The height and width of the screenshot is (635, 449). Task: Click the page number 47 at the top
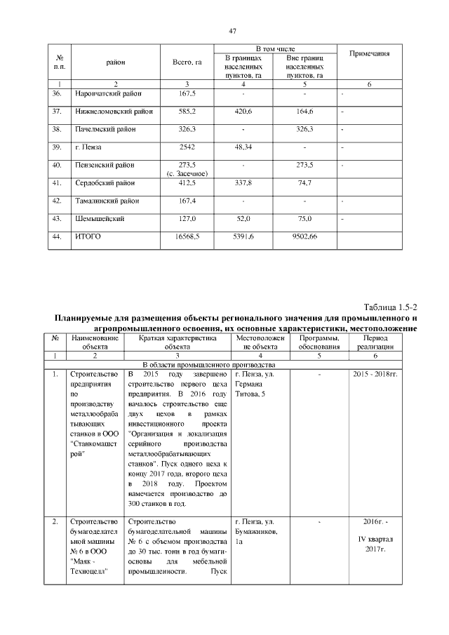232,31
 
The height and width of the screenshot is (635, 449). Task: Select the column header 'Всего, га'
187,63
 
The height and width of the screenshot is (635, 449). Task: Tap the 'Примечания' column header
368,54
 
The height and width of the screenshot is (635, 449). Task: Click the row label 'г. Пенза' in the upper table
88,147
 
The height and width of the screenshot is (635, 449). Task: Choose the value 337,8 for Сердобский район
243,183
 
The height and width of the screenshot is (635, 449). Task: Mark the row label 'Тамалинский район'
107,201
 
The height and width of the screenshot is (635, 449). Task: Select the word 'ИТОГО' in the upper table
88,237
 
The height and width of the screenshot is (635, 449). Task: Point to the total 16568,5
187,237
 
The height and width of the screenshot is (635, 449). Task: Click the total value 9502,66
303,237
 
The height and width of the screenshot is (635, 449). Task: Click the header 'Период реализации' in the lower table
375,342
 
